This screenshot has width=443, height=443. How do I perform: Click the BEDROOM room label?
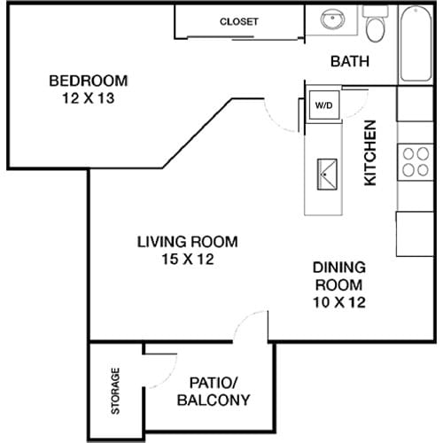point(88,81)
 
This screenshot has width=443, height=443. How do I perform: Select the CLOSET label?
point(238,21)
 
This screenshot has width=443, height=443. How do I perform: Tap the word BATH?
point(349,61)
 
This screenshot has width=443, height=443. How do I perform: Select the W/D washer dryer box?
point(323,105)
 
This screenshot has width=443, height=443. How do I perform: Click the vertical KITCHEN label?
point(371,152)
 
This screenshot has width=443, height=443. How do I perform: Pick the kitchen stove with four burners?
point(414,161)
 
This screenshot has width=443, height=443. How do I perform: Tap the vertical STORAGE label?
point(115,391)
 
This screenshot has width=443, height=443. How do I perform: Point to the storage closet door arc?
point(162,357)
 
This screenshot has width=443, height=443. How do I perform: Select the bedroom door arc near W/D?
point(280,113)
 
